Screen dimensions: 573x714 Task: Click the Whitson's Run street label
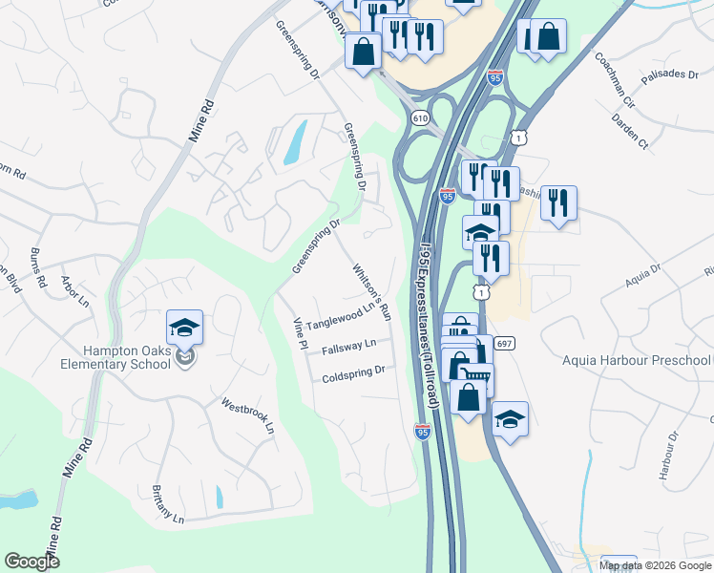(371, 290)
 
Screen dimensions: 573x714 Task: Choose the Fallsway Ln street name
(348, 347)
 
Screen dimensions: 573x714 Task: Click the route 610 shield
(420, 117)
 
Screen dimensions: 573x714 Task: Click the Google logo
(31, 562)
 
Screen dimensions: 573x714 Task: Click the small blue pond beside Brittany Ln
(219, 497)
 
